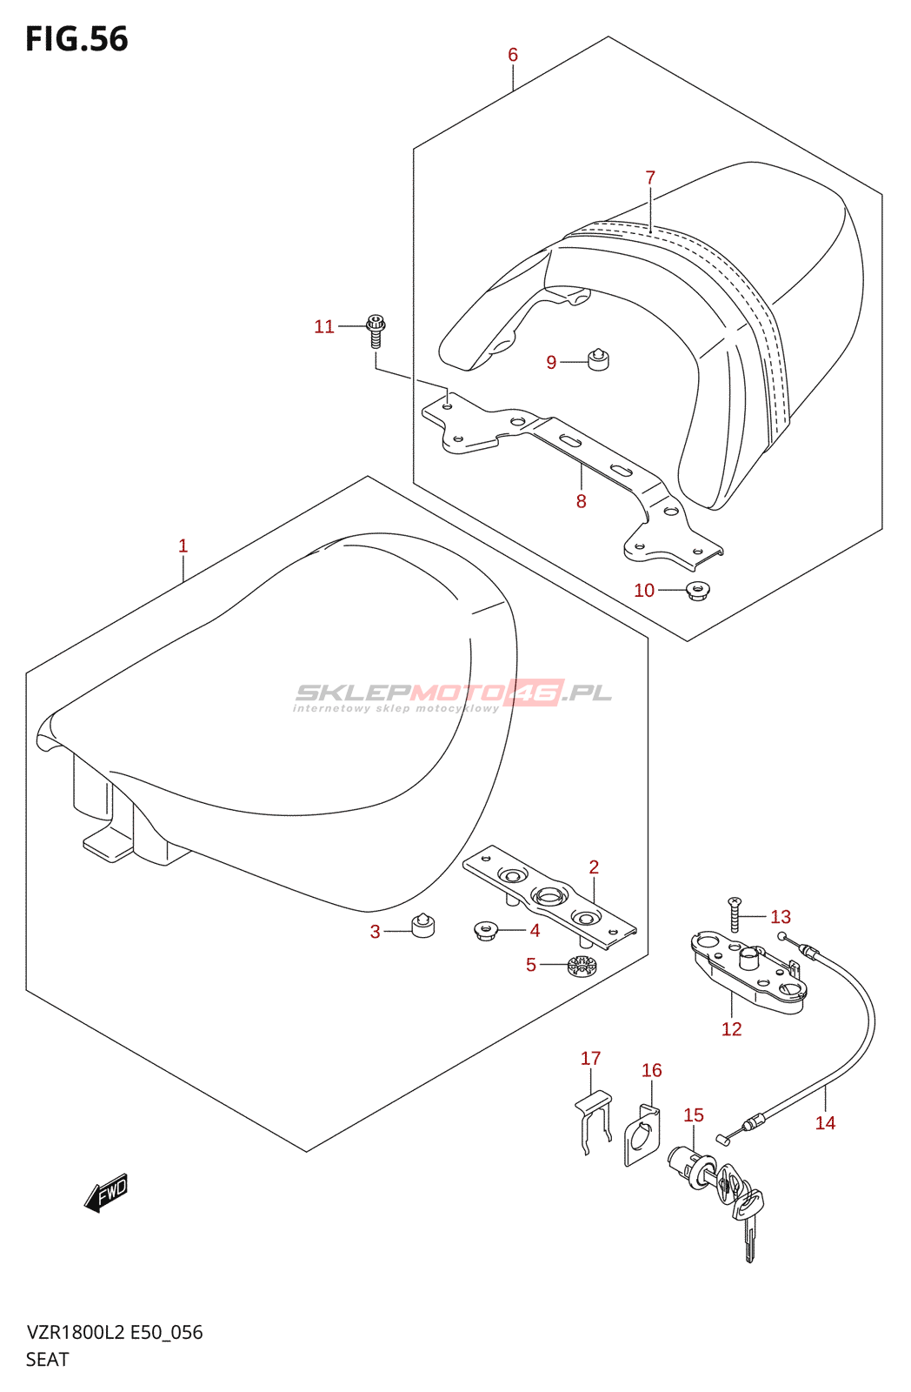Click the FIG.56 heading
click(x=76, y=39)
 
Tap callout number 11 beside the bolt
click(x=324, y=326)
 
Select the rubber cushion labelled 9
click(x=598, y=359)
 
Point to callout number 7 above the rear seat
click(x=650, y=177)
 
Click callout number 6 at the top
click(x=513, y=55)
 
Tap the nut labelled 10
click(x=696, y=591)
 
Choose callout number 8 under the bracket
click(x=581, y=501)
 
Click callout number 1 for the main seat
click(x=183, y=545)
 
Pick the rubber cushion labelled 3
click(x=422, y=927)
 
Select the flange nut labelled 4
click(x=485, y=931)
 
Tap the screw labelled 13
click(x=735, y=913)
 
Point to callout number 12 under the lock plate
click(x=732, y=1029)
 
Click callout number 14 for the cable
click(x=825, y=1123)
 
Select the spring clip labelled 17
click(x=591, y=1121)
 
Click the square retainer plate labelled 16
click(x=642, y=1136)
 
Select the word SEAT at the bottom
click(x=47, y=1359)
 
